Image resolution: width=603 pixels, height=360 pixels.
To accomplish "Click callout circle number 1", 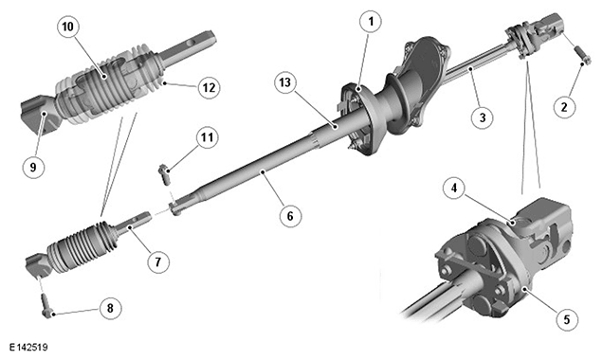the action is click(x=371, y=22).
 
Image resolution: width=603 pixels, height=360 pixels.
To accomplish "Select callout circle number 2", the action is click(x=564, y=106).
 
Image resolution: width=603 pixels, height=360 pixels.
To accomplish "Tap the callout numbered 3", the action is click(x=483, y=117).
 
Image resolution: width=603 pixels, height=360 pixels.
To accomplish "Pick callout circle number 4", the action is click(x=454, y=189).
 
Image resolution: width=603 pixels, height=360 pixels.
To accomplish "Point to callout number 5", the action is click(x=567, y=319).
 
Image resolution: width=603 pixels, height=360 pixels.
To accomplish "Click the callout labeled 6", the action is click(x=290, y=216).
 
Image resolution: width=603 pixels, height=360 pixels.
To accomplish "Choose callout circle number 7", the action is click(x=158, y=261).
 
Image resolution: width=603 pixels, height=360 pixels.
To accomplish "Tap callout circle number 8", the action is click(x=110, y=308).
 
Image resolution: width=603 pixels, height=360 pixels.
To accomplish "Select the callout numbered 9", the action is click(x=33, y=167).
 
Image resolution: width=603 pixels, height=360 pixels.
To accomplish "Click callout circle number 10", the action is click(x=67, y=27).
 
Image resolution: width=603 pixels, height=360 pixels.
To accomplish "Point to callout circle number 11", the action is click(x=208, y=137).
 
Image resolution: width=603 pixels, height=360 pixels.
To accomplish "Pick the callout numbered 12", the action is click(x=209, y=88).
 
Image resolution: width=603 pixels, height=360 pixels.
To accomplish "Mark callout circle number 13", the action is click(x=285, y=82).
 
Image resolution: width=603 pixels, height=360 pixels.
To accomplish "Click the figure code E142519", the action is click(x=28, y=348).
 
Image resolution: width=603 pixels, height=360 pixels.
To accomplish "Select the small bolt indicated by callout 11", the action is click(x=164, y=173).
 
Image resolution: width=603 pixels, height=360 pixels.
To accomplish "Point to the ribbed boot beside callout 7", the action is click(x=82, y=246).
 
